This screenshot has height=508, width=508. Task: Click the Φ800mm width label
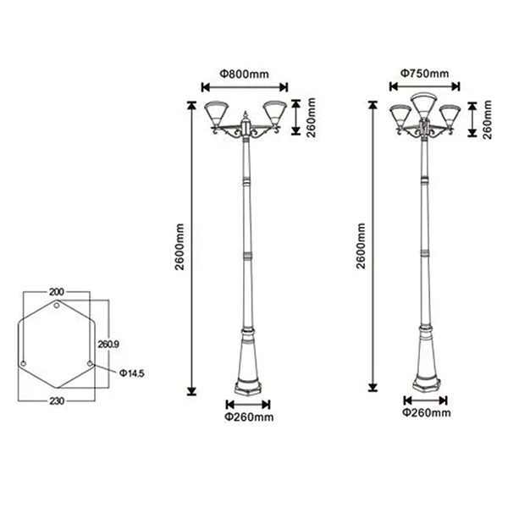click(x=245, y=75)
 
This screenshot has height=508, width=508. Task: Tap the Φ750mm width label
click(x=425, y=74)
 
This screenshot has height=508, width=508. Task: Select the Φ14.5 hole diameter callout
click(x=131, y=373)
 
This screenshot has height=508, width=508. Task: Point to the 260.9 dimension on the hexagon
click(x=108, y=344)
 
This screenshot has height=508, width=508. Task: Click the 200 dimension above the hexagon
click(x=57, y=292)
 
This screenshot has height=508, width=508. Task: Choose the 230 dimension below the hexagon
click(x=57, y=401)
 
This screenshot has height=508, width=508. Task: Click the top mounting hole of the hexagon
click(x=57, y=305)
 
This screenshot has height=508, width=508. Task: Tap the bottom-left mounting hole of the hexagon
click(x=24, y=363)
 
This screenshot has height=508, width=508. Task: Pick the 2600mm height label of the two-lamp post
click(x=179, y=247)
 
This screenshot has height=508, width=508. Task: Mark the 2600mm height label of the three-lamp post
click(x=361, y=246)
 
